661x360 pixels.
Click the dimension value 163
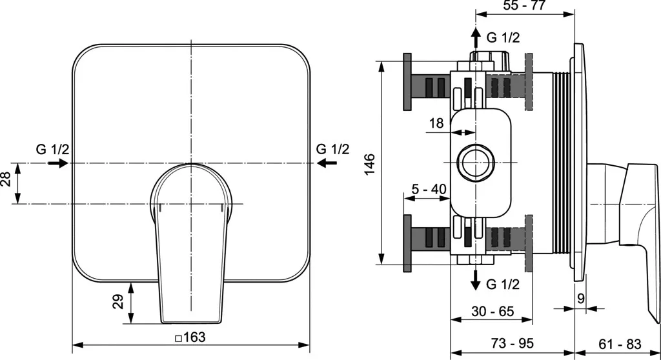point(190,337)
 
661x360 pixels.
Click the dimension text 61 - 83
point(617,343)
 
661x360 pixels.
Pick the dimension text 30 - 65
point(492,311)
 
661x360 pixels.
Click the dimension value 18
point(436,123)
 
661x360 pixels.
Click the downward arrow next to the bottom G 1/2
point(476,279)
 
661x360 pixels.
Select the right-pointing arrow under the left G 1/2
point(57,163)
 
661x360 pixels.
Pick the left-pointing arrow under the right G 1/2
point(329,163)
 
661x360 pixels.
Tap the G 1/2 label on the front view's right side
point(333,149)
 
